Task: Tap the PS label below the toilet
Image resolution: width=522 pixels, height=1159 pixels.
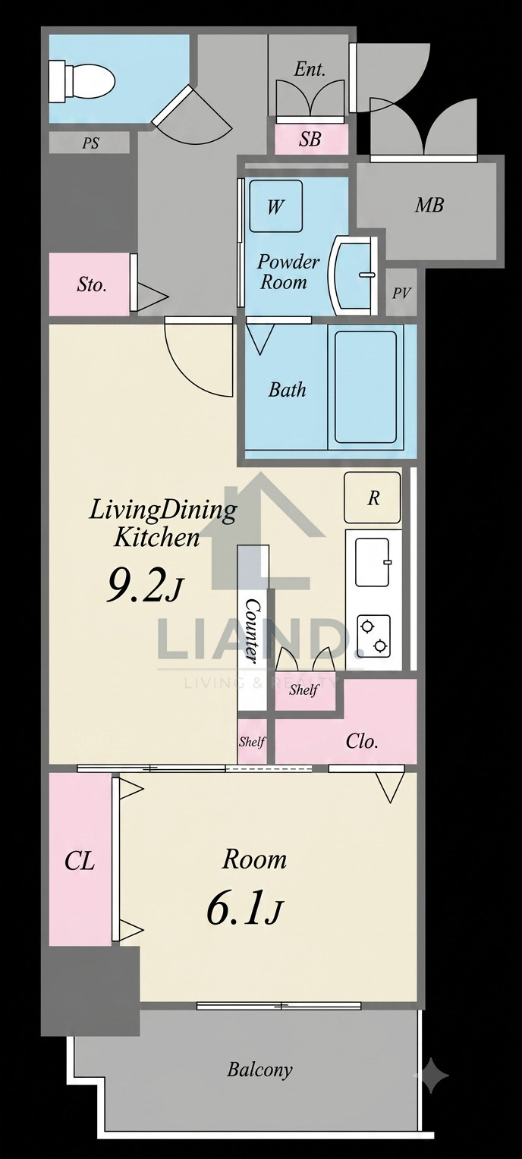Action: point(90,143)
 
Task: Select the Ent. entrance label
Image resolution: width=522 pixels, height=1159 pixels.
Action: point(310,69)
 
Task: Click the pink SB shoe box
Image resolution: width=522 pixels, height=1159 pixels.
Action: point(310,139)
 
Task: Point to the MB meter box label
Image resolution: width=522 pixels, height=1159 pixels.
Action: point(429,206)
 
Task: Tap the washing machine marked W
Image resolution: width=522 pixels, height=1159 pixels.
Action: point(275,206)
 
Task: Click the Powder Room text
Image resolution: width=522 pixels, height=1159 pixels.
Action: point(288,272)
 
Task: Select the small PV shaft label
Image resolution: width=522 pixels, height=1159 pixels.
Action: point(401,294)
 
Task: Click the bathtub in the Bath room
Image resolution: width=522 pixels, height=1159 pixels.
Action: point(366,387)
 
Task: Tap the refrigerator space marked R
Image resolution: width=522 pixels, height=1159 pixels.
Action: point(373,498)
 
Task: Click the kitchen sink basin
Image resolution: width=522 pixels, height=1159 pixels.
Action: point(373,562)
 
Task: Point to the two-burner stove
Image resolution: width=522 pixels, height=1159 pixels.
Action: point(373,636)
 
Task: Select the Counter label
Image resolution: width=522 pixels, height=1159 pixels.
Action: point(253,631)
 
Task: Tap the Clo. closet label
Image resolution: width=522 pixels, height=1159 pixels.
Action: point(362,741)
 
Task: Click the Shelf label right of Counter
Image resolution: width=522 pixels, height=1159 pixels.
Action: point(303,689)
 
